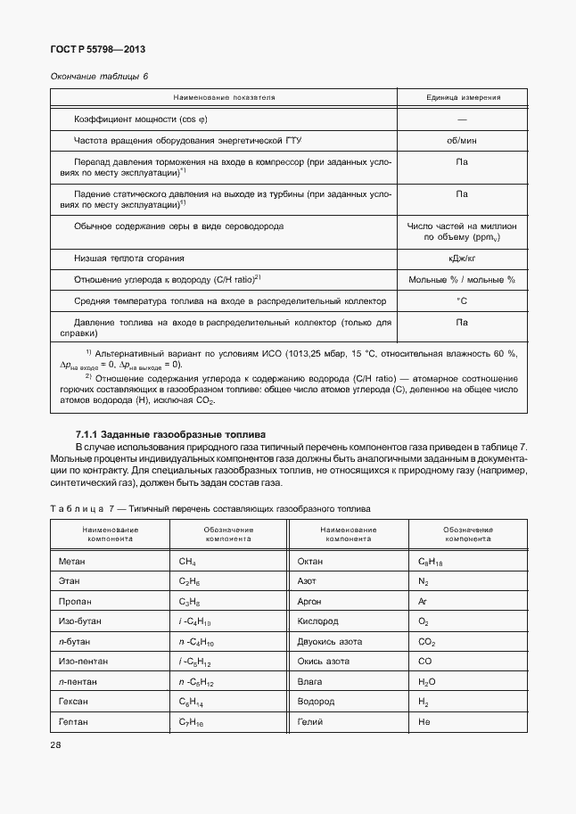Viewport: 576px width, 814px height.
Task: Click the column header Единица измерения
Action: pos(462,97)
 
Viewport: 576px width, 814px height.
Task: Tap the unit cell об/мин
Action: pos(462,140)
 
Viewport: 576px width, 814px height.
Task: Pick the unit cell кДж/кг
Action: pos(462,258)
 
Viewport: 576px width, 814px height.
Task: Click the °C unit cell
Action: pos(462,301)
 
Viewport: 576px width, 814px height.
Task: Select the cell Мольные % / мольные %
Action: pos(462,280)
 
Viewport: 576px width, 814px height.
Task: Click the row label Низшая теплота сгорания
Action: pos(129,258)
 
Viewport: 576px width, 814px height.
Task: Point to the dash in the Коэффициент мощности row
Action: pos(462,119)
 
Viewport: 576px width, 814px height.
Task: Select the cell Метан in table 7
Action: pos(72,562)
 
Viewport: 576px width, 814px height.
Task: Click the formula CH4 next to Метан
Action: pos(187,563)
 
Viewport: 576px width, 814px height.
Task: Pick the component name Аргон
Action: pos(309,602)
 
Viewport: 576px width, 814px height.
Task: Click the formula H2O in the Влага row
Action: pos(426,681)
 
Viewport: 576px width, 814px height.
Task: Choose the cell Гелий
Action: pos(309,721)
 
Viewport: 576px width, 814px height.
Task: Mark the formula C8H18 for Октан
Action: pos(432,563)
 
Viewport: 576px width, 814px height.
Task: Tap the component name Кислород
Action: pos(317,621)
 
